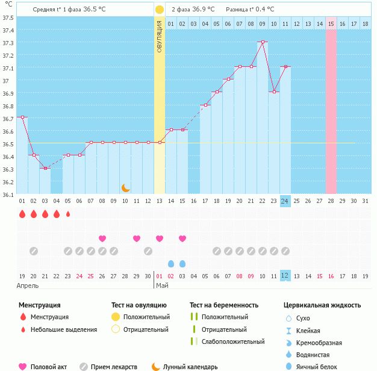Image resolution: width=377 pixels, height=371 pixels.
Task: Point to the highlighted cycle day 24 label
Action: [x=285, y=201]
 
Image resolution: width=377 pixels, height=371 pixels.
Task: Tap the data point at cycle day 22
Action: [x=263, y=42]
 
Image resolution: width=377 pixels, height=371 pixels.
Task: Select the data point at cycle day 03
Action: [x=45, y=168]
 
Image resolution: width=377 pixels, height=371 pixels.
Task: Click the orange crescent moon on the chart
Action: [x=125, y=188]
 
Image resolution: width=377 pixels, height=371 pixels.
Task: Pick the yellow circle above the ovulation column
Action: [x=159, y=10]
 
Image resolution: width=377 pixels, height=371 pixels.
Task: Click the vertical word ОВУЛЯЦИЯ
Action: [x=160, y=36]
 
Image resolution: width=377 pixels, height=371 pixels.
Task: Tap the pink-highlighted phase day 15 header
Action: [x=331, y=23]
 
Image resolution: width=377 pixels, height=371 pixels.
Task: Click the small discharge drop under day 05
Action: [x=68, y=214]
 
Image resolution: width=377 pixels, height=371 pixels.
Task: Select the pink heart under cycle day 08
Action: [x=102, y=238]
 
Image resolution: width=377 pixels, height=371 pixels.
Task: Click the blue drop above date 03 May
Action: [x=182, y=263]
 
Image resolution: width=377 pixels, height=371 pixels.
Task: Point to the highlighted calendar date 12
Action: [x=285, y=275]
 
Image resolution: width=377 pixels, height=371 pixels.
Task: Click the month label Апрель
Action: [x=27, y=285]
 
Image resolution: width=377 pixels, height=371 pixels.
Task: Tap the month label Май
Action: [x=162, y=285]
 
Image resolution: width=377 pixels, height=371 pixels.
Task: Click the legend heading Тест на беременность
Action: [x=223, y=305]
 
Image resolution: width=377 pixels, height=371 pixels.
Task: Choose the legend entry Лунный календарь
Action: [x=191, y=366]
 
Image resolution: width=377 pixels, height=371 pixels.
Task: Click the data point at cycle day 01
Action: [x=22, y=117]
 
